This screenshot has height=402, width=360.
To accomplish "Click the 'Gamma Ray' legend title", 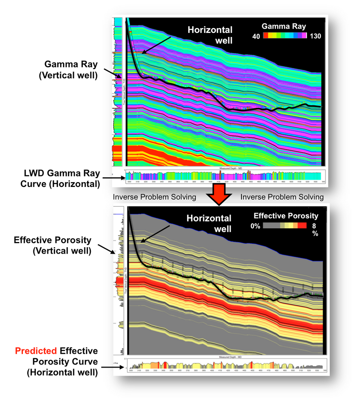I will [x=284, y=27].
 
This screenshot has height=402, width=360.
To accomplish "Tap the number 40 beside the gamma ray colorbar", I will [x=256, y=36].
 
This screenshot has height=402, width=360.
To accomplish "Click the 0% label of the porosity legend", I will [x=255, y=226].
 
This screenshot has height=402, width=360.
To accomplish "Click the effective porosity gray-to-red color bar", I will [x=285, y=226].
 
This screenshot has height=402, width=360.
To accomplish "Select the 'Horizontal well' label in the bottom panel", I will [x=209, y=224].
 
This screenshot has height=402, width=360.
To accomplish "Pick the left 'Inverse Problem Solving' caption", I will [x=154, y=197].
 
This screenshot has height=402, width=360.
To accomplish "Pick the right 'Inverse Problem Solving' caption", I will [x=282, y=197].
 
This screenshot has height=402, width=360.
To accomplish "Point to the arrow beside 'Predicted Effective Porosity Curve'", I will [x=107, y=364].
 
